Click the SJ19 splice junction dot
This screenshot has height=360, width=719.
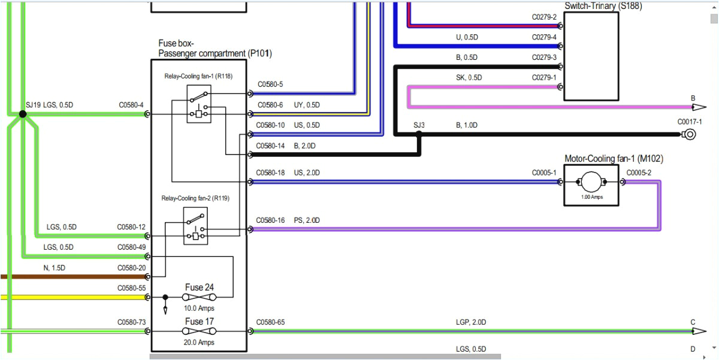(x=22, y=113)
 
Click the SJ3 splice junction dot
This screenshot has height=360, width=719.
(x=419, y=134)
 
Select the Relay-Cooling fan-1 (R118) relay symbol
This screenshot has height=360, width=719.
(x=198, y=104)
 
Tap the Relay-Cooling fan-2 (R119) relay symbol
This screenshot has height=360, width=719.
(x=195, y=225)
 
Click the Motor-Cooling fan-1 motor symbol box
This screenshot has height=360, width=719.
(x=591, y=185)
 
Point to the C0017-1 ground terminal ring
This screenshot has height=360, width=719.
(x=690, y=134)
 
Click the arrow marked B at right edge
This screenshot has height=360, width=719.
(x=698, y=107)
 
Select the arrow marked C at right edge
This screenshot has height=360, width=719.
(x=698, y=331)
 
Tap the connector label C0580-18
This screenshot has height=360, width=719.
(x=270, y=173)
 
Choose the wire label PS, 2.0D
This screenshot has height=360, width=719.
(x=307, y=220)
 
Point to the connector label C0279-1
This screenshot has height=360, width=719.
(x=544, y=77)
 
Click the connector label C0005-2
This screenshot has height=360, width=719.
(x=638, y=173)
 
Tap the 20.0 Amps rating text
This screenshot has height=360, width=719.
(x=199, y=343)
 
